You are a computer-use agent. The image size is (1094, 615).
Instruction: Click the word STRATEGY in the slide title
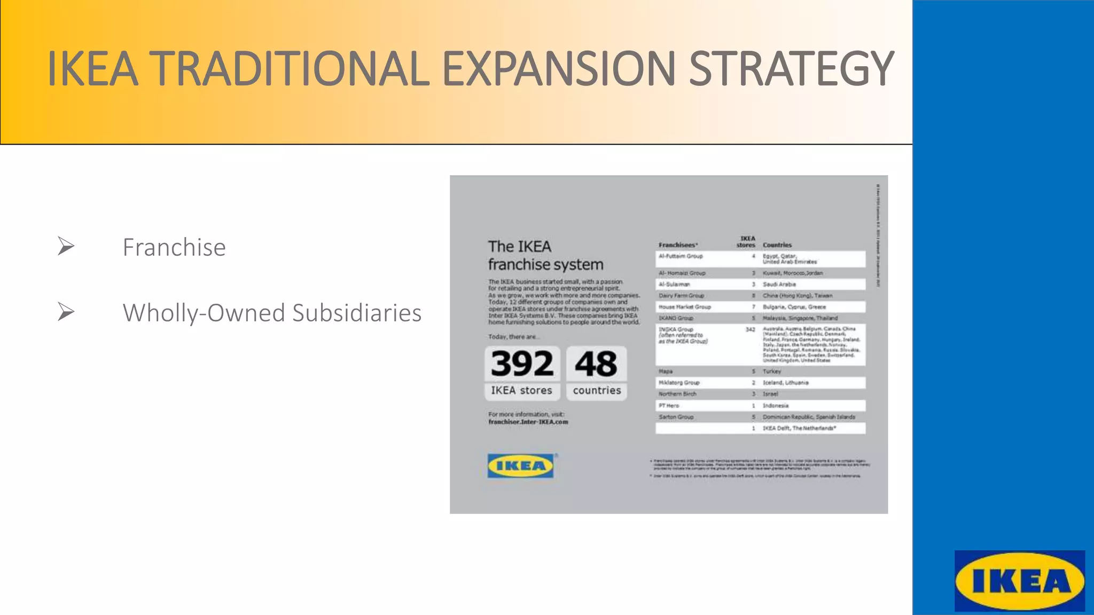(x=791, y=69)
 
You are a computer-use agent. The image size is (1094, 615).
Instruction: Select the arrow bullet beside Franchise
(x=66, y=246)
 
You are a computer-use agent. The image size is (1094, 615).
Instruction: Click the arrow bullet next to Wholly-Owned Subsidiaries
(x=66, y=312)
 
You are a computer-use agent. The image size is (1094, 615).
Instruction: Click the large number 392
(x=522, y=364)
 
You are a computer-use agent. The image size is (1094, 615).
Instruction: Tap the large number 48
(x=596, y=364)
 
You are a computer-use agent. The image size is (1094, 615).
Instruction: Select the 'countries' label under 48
(x=597, y=390)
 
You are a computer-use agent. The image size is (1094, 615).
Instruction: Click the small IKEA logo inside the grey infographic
(x=520, y=466)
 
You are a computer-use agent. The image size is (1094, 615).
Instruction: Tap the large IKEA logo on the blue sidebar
(x=1019, y=581)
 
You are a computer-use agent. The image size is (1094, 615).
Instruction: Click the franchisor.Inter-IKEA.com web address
(x=528, y=422)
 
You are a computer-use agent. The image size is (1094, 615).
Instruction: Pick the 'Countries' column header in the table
(x=777, y=245)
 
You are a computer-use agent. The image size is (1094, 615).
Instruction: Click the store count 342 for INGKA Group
(x=750, y=329)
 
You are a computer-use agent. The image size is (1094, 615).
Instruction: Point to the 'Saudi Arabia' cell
(x=779, y=285)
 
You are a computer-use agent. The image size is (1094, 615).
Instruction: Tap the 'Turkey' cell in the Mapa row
(x=771, y=371)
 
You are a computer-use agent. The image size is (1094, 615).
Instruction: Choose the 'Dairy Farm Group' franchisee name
(x=681, y=295)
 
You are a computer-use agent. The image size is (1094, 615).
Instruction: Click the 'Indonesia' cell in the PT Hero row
(x=775, y=406)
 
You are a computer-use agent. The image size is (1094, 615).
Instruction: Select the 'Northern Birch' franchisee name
(x=677, y=394)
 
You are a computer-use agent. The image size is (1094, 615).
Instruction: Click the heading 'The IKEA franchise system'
(x=545, y=255)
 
